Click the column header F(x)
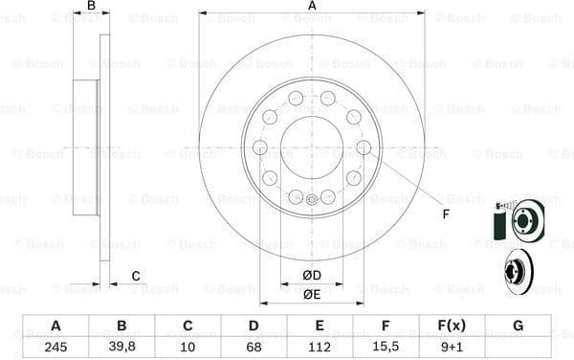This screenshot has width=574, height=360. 453,326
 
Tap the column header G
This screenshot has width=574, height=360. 518,326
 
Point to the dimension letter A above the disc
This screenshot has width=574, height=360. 312,6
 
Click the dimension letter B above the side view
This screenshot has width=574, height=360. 91,6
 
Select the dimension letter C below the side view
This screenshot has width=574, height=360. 136,277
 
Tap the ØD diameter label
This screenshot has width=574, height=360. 312,277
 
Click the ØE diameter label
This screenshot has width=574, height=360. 312,294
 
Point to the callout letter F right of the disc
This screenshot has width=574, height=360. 446,213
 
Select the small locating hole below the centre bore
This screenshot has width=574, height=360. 312,199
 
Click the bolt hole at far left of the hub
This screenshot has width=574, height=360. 260,147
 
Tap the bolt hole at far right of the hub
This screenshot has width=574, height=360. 364,147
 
